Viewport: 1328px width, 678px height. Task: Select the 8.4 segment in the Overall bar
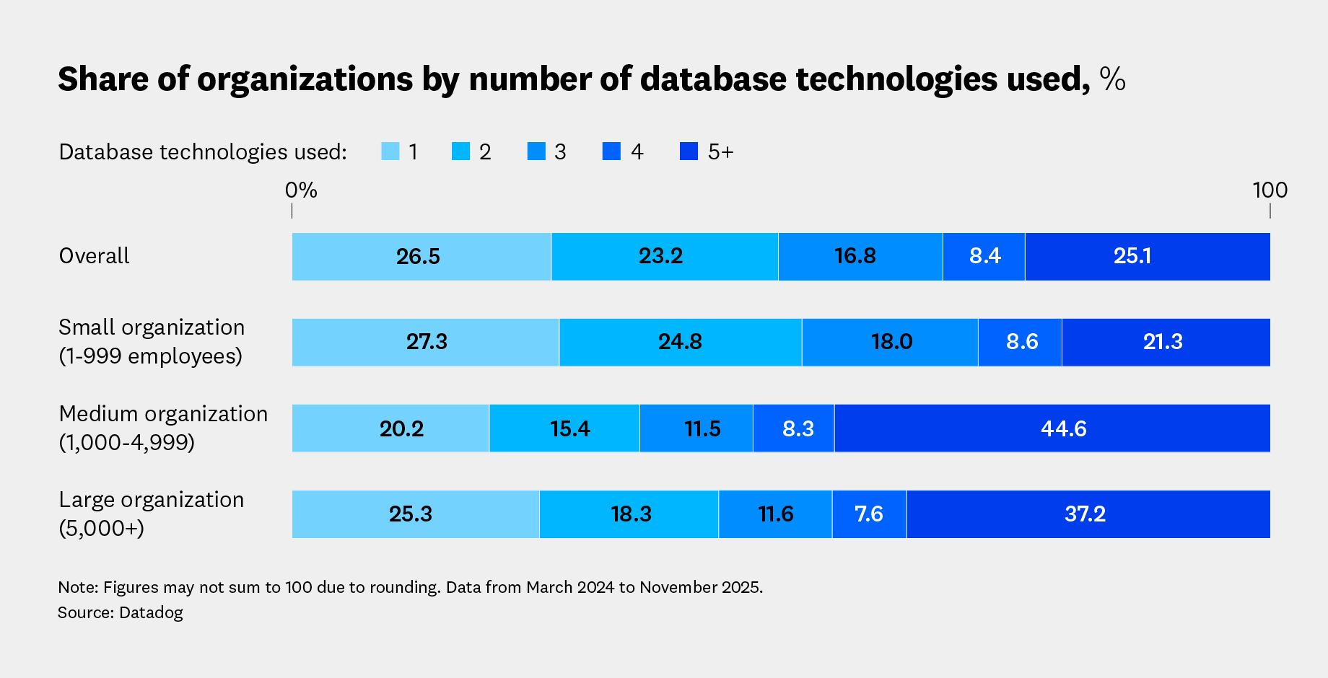point(984,256)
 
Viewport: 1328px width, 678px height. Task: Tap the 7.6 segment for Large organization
point(869,514)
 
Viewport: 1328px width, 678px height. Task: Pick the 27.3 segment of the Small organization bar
point(426,342)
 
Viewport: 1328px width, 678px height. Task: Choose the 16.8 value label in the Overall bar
point(855,256)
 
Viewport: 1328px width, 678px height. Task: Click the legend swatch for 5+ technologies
point(689,151)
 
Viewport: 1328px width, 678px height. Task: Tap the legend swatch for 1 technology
point(390,151)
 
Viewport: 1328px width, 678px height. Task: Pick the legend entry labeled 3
point(560,151)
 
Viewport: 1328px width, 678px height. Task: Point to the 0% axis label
point(301,190)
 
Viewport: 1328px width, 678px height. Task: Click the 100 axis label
point(1270,190)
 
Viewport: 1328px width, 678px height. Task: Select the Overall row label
point(94,256)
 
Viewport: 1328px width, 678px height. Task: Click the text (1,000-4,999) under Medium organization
point(127,442)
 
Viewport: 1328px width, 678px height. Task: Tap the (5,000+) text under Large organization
point(102,528)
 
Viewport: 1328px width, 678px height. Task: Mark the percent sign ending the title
point(1112,79)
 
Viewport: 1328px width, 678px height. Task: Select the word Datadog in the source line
point(151,612)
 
